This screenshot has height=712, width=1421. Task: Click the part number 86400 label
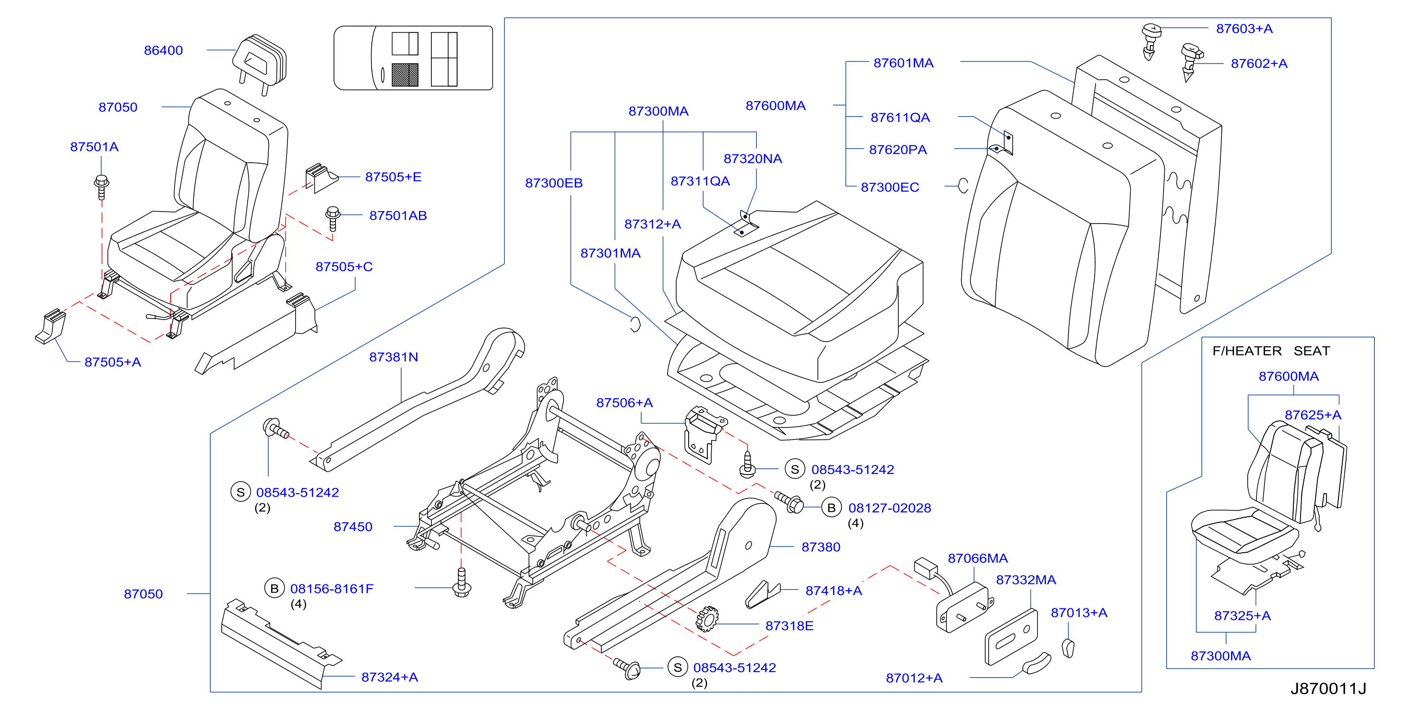[x=163, y=50]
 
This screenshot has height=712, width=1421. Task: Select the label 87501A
[x=95, y=147]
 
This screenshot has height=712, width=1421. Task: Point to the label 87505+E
[x=394, y=177]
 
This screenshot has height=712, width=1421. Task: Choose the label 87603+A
[x=1244, y=29]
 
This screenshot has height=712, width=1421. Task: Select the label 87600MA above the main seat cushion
[x=776, y=106]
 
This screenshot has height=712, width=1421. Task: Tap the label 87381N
[x=394, y=357]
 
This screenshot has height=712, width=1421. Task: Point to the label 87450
[x=353, y=527]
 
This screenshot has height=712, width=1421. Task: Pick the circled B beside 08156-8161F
[x=274, y=589]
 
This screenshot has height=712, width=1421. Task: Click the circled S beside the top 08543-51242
[x=795, y=469]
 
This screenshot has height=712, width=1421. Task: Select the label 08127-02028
[x=890, y=508]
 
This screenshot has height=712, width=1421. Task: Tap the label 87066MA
[x=978, y=558]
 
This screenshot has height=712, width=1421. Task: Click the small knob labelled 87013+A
[x=1068, y=648]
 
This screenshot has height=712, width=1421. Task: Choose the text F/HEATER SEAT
[x=1271, y=351]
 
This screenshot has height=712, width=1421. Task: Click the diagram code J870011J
[x=1328, y=688]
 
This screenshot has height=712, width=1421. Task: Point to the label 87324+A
[x=390, y=677]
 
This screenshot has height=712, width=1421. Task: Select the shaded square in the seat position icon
[x=405, y=75]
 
